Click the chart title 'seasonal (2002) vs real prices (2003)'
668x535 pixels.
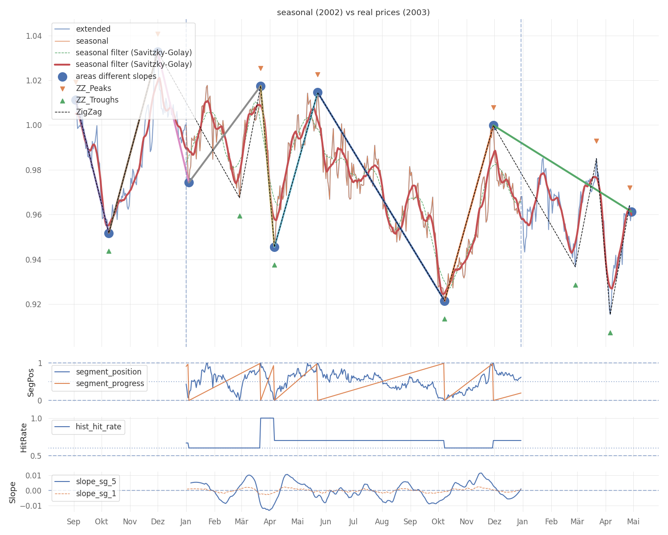click(x=353, y=12)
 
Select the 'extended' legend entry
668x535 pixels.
click(x=93, y=29)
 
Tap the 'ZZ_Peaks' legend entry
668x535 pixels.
click(x=94, y=88)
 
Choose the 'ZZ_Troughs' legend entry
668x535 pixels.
click(x=97, y=100)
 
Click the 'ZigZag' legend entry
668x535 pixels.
click(x=89, y=112)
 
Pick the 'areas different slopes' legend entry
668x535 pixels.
click(x=116, y=76)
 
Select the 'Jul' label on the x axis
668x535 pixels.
click(x=353, y=522)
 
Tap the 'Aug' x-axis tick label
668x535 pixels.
click(x=382, y=522)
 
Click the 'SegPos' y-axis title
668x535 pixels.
click(x=31, y=382)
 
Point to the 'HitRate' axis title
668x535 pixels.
click(x=24, y=437)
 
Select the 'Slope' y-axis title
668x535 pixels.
click(x=12, y=492)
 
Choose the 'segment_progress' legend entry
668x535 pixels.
click(x=110, y=383)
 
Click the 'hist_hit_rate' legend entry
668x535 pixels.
click(x=98, y=427)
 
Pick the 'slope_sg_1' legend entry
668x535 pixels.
click(x=96, y=494)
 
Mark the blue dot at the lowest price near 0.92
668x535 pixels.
click(x=444, y=301)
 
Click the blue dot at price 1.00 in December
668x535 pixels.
click(x=493, y=126)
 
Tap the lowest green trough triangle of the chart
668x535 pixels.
click(x=610, y=333)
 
